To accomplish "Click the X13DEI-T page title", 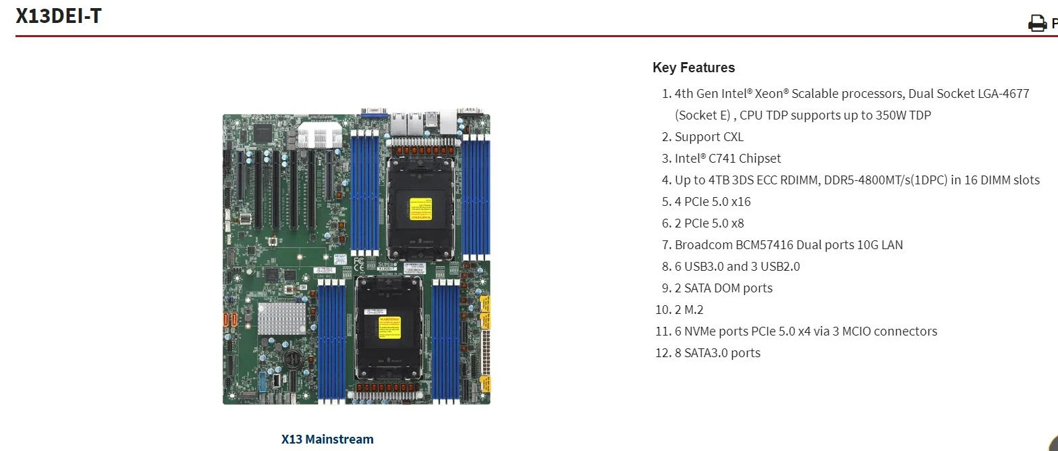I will pos(59,15).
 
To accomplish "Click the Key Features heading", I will pos(693,68).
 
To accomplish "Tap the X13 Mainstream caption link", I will pos(327,439).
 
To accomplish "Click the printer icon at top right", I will pos(1036,24).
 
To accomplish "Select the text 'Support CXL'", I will pos(708,136).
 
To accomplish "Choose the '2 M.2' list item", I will pos(689,309).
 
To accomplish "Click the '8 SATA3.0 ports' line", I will pos(717,352).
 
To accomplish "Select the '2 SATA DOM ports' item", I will pos(723,288).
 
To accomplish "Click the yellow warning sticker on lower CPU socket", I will pos(389,327).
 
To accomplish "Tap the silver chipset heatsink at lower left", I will pos(281,317).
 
